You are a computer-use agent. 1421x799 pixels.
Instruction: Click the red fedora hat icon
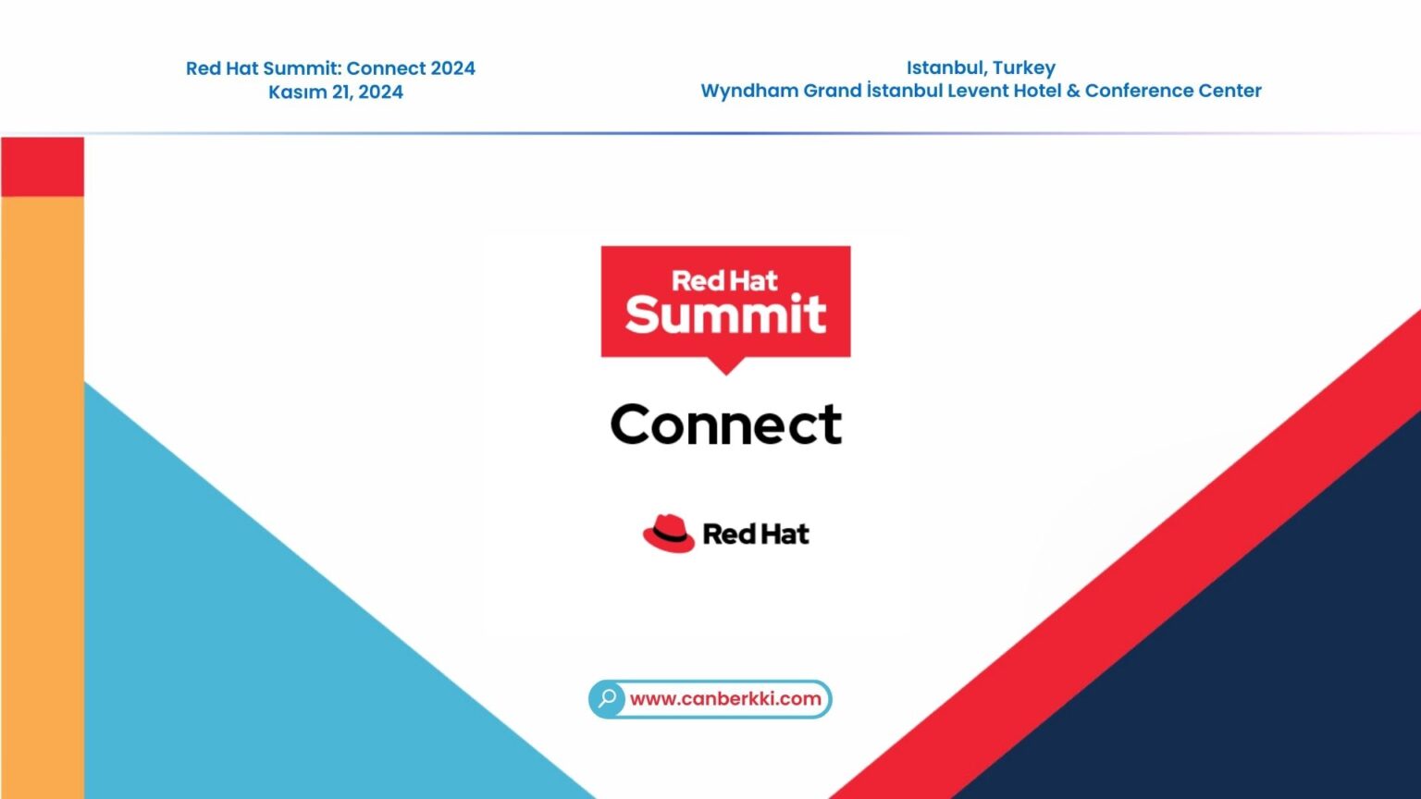tap(669, 534)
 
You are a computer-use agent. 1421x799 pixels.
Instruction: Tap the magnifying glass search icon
tap(608, 698)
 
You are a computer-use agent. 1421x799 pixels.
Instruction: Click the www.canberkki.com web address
tap(725, 699)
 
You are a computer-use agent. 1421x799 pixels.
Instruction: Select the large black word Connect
tap(726, 424)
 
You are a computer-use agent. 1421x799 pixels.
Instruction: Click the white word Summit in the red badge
tap(725, 314)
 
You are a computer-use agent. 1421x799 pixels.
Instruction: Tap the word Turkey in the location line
tap(1024, 68)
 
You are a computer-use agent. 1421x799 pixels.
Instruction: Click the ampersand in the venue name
tap(1073, 91)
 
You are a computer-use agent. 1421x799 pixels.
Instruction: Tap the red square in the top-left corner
tap(43, 166)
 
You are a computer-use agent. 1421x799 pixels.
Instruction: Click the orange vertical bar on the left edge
tap(43, 490)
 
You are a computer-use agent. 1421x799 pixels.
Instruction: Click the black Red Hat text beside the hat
tap(756, 535)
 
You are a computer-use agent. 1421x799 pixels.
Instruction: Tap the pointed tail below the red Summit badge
tap(726, 366)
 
